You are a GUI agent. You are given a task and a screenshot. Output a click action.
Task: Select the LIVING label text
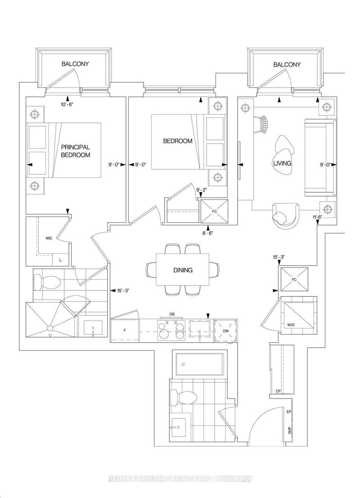coord(282,163)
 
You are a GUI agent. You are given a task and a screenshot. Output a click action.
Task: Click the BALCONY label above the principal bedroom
coord(75,64)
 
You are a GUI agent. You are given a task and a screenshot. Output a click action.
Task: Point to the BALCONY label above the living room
coord(287,65)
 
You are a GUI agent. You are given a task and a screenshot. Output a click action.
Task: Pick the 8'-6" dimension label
coord(208,233)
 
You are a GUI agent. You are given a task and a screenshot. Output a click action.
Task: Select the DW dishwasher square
coord(225,330)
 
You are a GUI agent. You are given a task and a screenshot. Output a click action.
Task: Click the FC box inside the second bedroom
coord(214,210)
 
